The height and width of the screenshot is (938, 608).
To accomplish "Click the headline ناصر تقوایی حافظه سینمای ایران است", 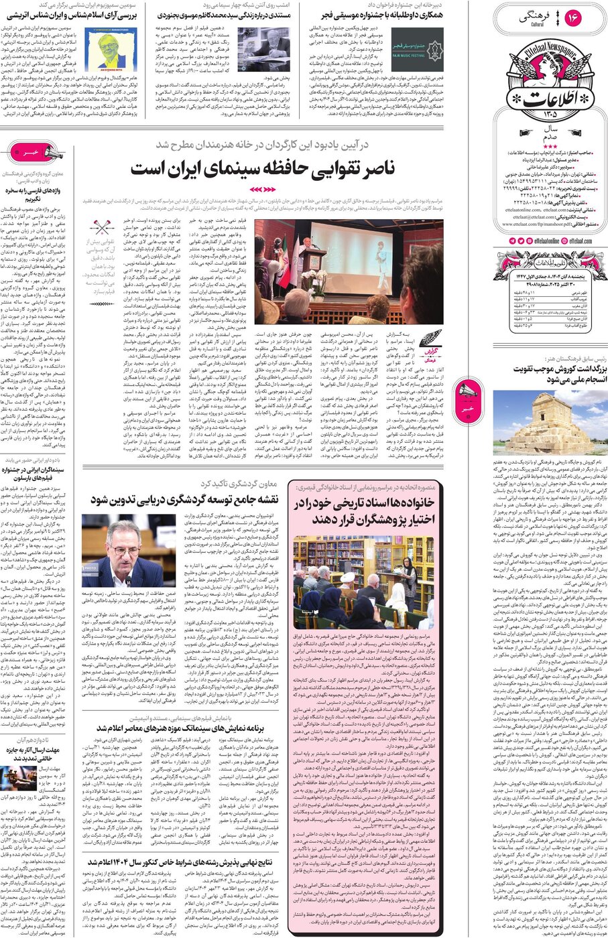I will click(x=263, y=167).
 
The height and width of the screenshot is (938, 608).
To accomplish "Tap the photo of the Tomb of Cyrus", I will click(x=542, y=422).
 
